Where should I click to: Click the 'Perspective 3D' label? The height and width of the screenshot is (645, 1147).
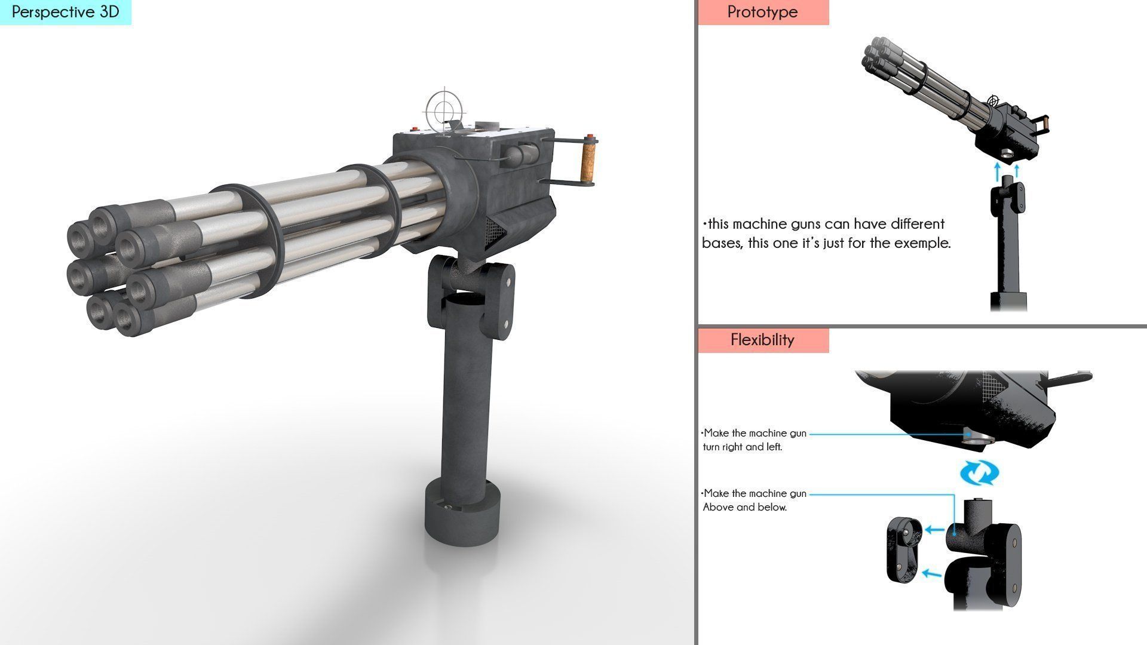[65, 12]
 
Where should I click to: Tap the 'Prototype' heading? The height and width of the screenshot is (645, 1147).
[762, 12]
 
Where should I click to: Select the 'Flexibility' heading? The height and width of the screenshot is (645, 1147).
[762, 340]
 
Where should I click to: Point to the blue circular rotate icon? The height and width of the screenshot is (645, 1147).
[979, 474]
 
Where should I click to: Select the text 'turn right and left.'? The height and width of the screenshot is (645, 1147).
[743, 447]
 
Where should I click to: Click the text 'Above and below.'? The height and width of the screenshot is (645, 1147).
[744, 508]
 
